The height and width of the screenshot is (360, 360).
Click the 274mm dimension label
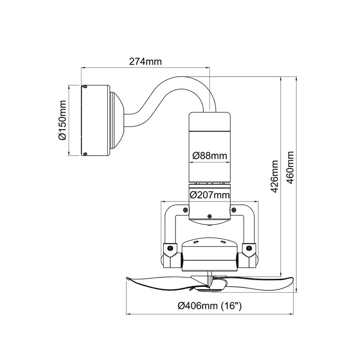[145, 61]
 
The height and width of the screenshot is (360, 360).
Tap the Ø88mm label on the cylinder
[210, 156]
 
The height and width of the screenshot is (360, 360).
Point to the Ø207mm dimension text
[210, 195]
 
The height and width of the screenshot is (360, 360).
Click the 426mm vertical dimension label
[274, 176]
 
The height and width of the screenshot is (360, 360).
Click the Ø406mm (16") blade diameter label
[210, 306]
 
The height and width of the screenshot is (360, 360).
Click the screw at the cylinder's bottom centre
[209, 216]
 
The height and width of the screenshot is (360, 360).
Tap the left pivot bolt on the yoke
[171, 248]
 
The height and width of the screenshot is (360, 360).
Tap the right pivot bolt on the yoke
[248, 248]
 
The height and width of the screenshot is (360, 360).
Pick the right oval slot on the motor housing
[222, 243]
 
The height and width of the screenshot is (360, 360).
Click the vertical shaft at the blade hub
[209, 278]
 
